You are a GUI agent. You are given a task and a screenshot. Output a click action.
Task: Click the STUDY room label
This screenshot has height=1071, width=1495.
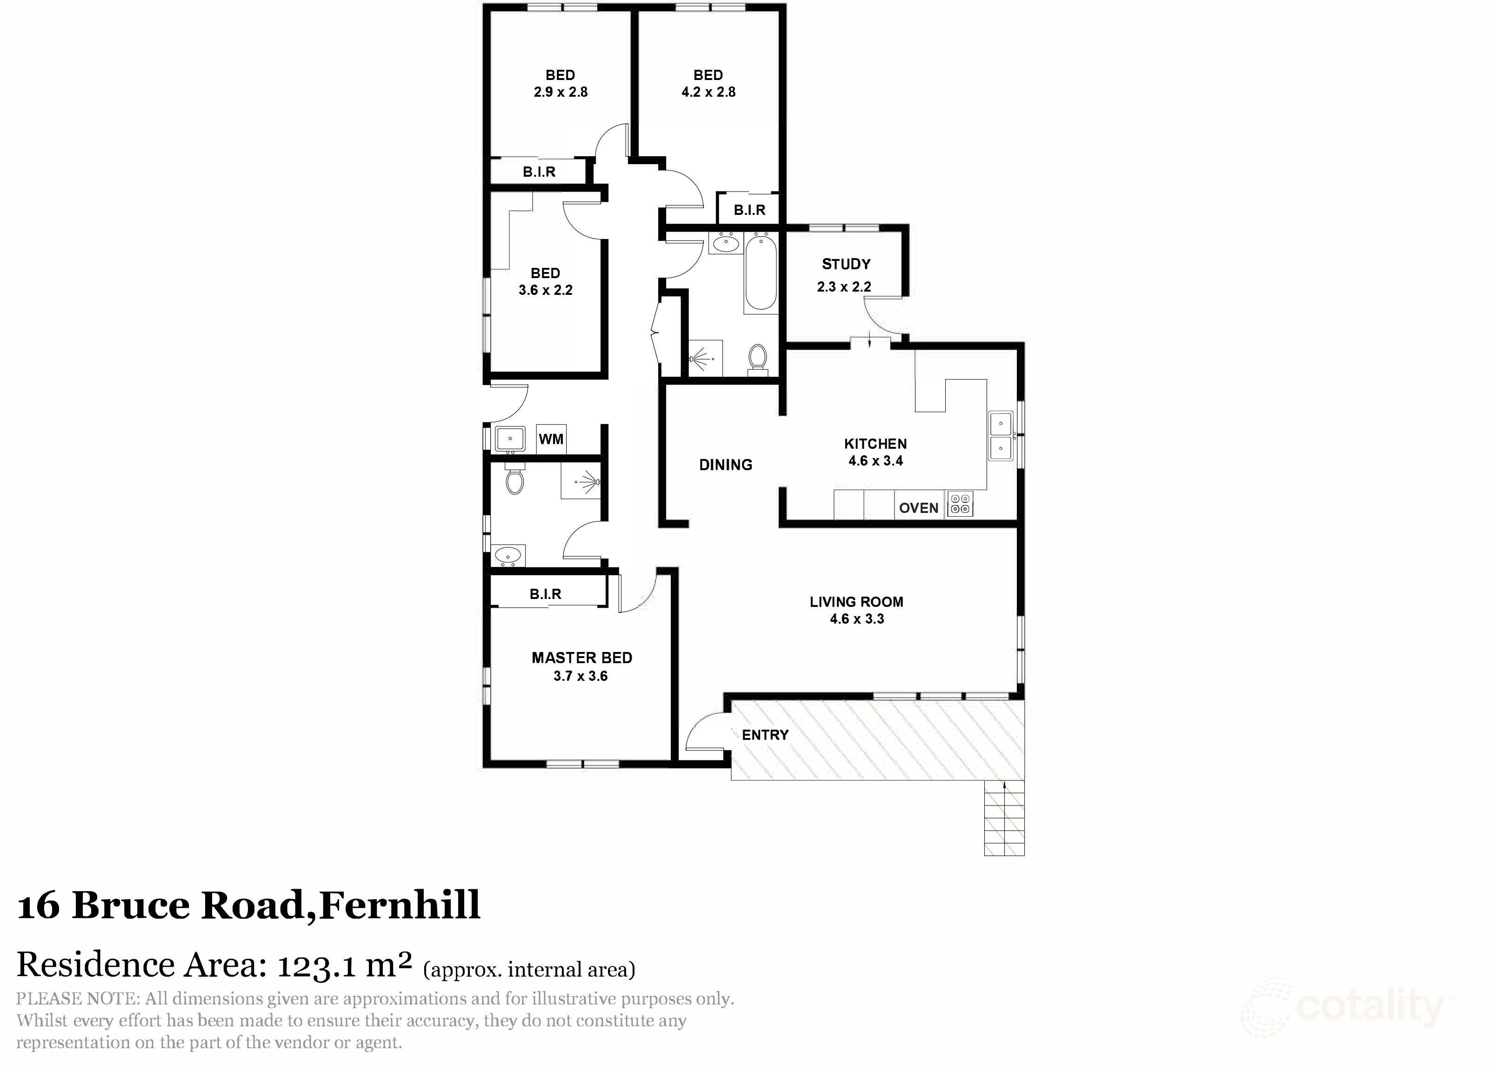846,264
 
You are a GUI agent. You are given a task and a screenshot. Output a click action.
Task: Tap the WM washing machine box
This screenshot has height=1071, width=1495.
551,439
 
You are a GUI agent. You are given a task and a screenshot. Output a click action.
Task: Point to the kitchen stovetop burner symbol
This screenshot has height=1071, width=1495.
959,505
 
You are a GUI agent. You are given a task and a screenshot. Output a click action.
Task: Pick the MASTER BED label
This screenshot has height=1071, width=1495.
581,658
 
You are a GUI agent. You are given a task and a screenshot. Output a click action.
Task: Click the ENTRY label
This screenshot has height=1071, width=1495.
765,735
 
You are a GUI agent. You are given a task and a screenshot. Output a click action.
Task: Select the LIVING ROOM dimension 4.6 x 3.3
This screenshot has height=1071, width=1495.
856,619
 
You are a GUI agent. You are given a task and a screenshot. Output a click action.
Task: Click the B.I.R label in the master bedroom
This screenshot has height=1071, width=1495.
545,594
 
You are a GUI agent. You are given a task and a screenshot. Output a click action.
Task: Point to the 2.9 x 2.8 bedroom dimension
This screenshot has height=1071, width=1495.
561,92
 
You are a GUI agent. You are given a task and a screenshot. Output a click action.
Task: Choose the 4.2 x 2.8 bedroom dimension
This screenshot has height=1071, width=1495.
708,92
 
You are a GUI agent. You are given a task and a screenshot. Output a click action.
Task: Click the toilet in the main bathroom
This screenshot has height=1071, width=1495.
758,359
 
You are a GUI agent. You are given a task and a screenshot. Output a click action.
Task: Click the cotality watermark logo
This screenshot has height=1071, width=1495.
1348,1006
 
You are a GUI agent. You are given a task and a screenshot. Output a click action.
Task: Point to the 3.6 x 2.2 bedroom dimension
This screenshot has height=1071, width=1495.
545,290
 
